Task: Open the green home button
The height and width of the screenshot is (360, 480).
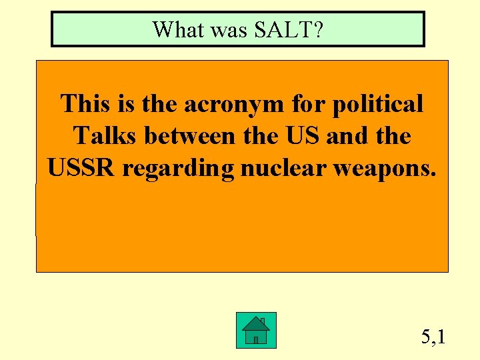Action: tap(256, 330)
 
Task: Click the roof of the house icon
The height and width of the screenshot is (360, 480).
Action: tap(256, 323)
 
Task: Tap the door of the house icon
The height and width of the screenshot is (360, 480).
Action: tap(256, 339)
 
